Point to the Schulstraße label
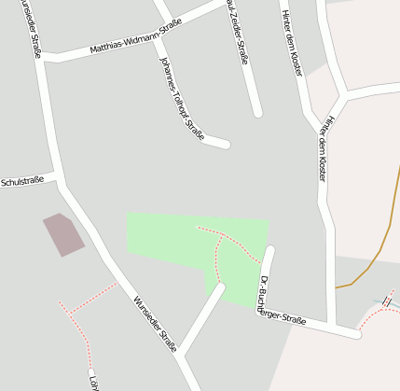(x=23, y=180)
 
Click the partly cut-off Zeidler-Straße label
(x=239, y=34)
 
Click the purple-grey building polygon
(x=62, y=233)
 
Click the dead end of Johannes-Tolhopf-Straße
(x=225, y=144)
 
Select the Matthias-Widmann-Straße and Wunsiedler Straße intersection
(x=45, y=57)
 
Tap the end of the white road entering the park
(x=220, y=288)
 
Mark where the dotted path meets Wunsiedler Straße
(x=117, y=283)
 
